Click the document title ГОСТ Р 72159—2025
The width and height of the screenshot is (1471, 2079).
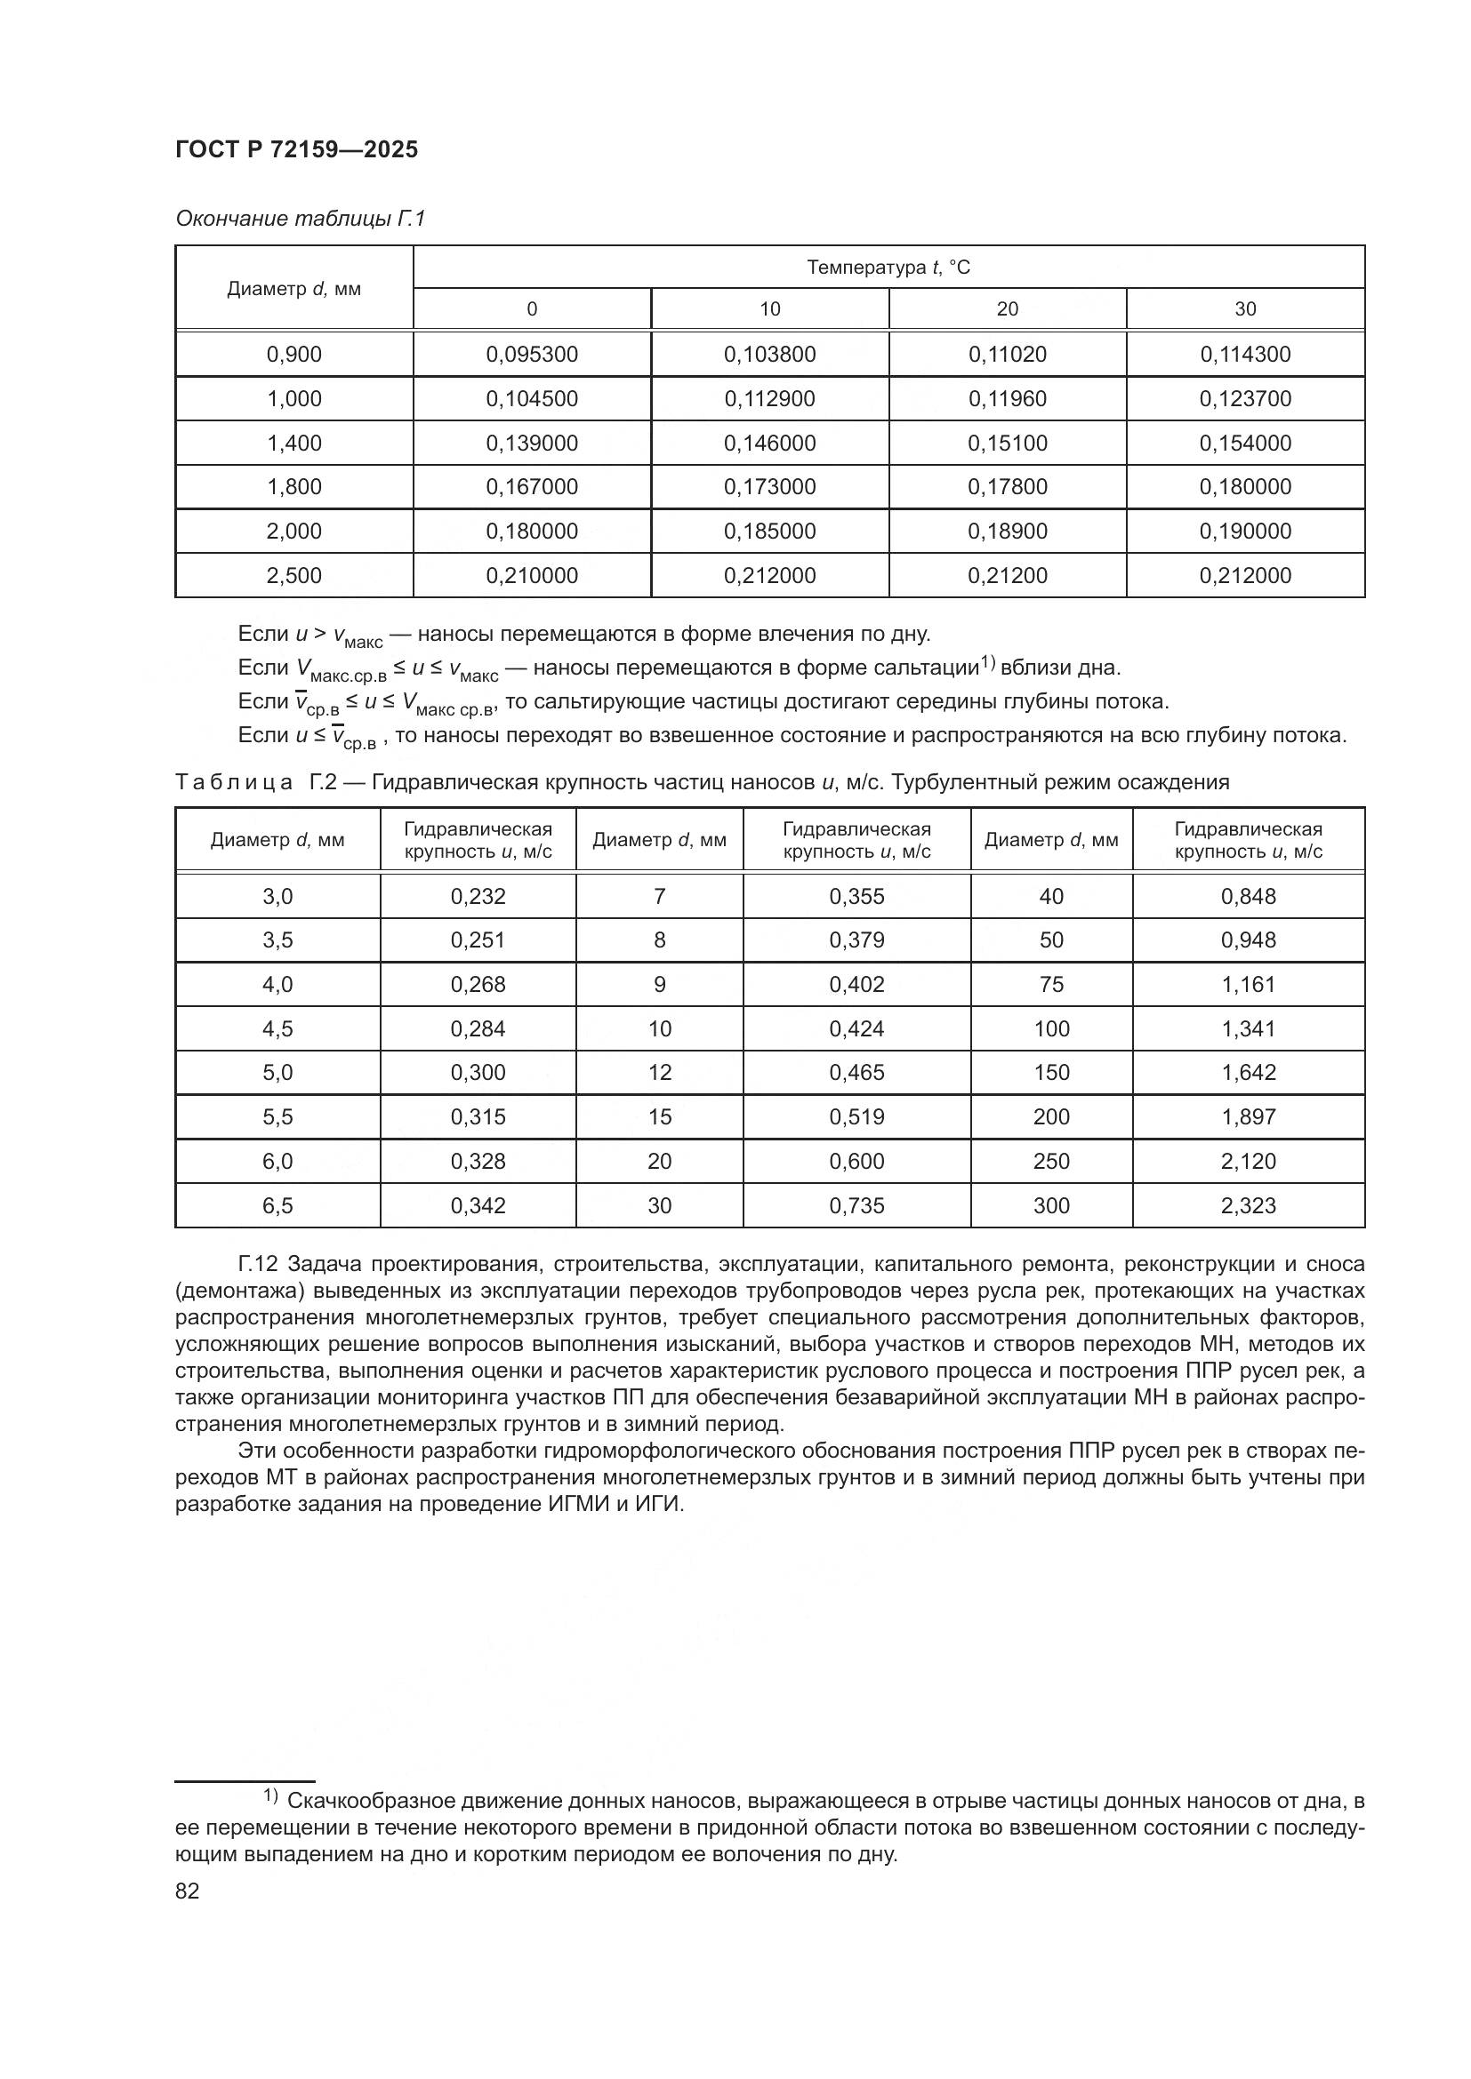(x=296, y=149)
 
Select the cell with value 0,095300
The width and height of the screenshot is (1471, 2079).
(x=532, y=354)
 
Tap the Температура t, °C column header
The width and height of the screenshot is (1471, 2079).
(x=888, y=268)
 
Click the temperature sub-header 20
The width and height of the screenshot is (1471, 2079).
(x=1008, y=308)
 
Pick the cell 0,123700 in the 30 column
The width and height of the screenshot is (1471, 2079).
(x=1244, y=398)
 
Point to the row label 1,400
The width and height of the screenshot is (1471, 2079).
(x=293, y=443)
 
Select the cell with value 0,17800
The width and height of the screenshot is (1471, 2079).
(x=1008, y=487)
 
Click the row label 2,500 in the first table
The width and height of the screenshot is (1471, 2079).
(x=293, y=575)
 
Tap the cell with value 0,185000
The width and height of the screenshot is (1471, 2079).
(x=769, y=531)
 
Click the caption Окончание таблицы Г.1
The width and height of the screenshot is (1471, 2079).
(x=300, y=219)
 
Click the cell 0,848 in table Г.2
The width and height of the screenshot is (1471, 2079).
(x=1248, y=897)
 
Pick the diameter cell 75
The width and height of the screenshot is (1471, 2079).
(x=1050, y=984)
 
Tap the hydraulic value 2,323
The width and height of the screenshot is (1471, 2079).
(x=1248, y=1205)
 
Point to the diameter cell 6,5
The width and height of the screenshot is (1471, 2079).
(x=277, y=1205)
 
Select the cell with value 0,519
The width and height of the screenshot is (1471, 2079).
(x=856, y=1116)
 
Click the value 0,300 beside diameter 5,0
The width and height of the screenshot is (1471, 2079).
(x=478, y=1072)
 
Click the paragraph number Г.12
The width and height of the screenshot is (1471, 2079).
(x=259, y=1263)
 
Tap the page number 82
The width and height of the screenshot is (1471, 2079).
(x=187, y=1891)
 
